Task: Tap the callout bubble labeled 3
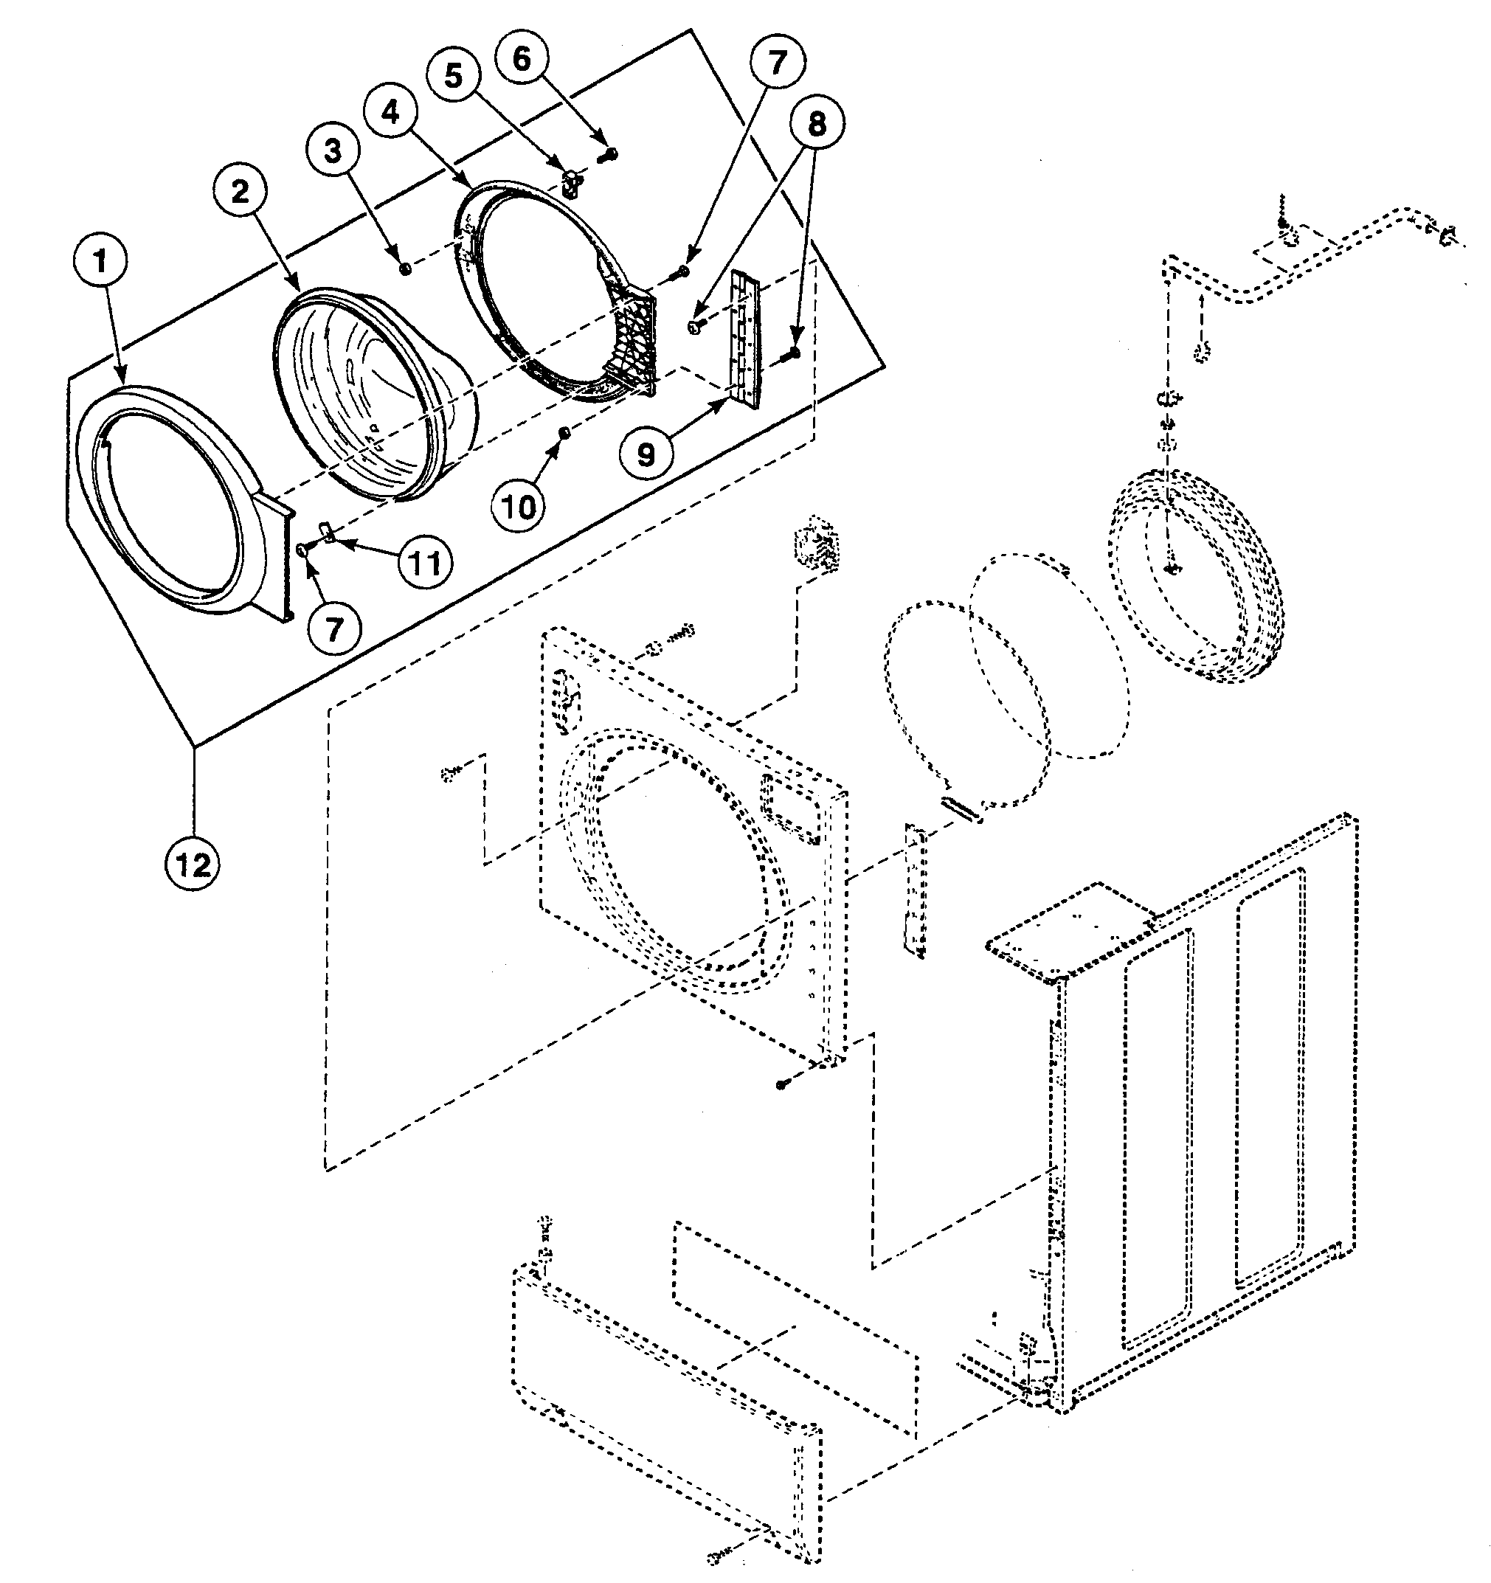[333, 150]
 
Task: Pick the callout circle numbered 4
[391, 113]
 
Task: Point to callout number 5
[453, 76]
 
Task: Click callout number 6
[521, 58]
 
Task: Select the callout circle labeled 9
[647, 454]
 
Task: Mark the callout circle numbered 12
[193, 864]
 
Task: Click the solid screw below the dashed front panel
[781, 1084]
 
